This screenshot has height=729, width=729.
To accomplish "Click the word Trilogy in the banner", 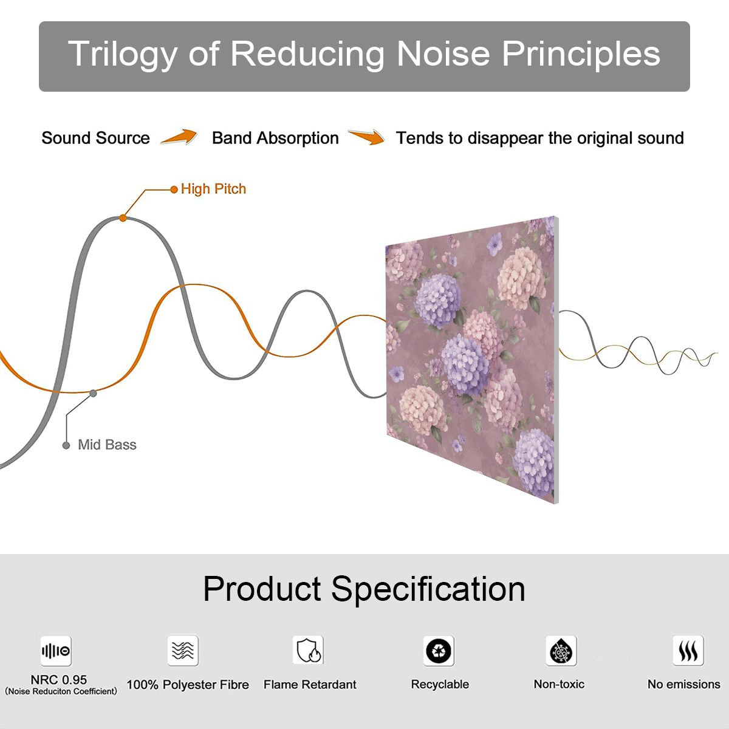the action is [122, 55].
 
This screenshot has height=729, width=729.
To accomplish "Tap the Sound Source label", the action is [96, 138].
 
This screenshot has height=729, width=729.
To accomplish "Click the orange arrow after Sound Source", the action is [179, 137].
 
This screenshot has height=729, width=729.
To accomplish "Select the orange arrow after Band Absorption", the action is [366, 137].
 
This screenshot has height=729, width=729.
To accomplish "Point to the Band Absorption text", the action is [275, 138].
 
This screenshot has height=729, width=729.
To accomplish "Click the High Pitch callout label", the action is [213, 189].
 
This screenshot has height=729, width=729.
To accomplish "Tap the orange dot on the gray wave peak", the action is [123, 218].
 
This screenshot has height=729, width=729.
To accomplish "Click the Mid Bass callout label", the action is [107, 445].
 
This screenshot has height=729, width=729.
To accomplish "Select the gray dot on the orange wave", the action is [93, 394].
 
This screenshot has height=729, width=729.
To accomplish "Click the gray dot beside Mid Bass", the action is [66, 446].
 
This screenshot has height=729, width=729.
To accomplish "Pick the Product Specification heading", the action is [364, 589].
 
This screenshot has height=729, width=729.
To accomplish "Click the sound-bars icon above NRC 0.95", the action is [56, 651].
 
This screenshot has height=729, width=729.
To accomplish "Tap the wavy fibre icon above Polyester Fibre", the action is [183, 651].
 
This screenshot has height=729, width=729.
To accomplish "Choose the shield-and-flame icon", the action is [309, 650].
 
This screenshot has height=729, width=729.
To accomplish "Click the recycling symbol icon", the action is [439, 651].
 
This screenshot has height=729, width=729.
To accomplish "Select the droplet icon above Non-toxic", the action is [561, 651].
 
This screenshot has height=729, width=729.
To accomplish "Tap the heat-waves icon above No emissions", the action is [688, 651].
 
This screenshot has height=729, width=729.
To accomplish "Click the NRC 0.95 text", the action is [59, 680].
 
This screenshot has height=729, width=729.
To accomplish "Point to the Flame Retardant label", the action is [310, 685].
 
